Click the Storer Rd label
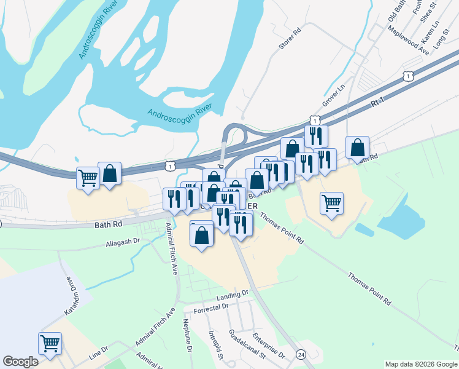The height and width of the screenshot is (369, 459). tap(291, 39)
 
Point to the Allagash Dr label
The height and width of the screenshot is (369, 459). tap(123, 244)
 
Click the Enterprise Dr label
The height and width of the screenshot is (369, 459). tap(271, 346)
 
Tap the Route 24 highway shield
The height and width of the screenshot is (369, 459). tap(301, 355)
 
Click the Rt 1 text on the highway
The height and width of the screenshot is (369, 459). tap(377, 103)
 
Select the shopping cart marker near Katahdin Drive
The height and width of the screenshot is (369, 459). tap(50, 343)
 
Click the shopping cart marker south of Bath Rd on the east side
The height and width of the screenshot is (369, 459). tap(332, 203)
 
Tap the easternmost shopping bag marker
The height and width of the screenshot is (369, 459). tap(357, 148)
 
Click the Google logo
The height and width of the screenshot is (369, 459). tap(21, 362)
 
